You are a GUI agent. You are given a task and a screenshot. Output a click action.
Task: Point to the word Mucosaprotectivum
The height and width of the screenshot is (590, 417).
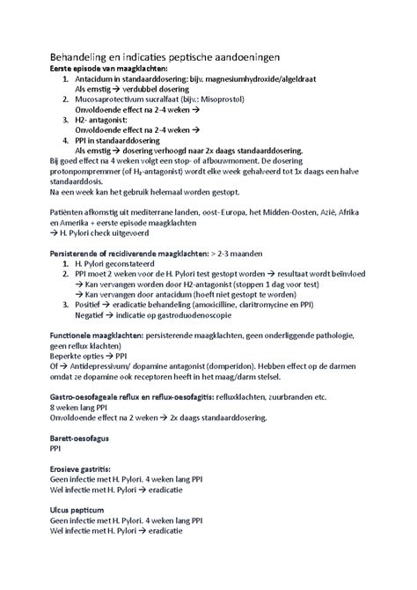(x=114, y=100)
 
